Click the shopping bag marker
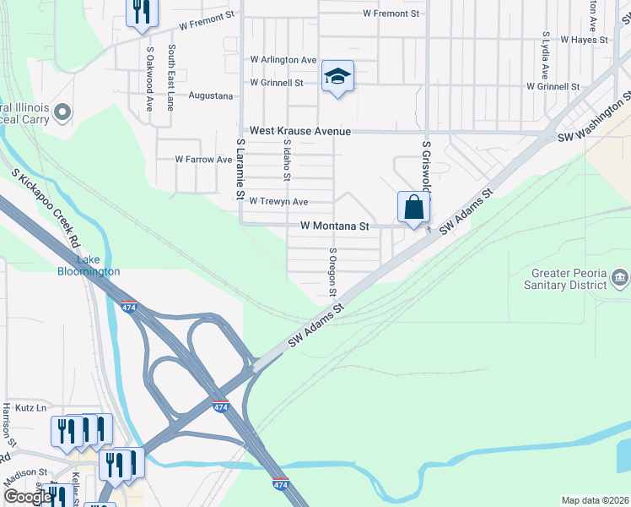413,208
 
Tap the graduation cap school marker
337,78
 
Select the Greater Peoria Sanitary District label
569,279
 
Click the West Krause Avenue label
299,132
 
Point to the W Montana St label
335,226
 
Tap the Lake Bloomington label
89,265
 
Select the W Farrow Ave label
203,159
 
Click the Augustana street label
210,95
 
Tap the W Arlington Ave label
283,60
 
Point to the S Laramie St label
240,170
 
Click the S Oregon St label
333,272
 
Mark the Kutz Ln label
30,407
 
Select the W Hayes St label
584,40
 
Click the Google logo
28,498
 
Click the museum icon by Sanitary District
620,278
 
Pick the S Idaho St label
287,161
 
